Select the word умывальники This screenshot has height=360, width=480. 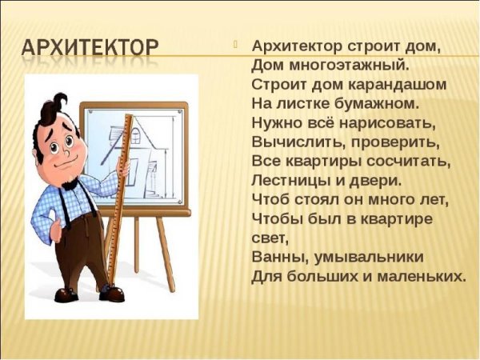[x=369, y=258]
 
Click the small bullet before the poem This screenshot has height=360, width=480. [x=236, y=45]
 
